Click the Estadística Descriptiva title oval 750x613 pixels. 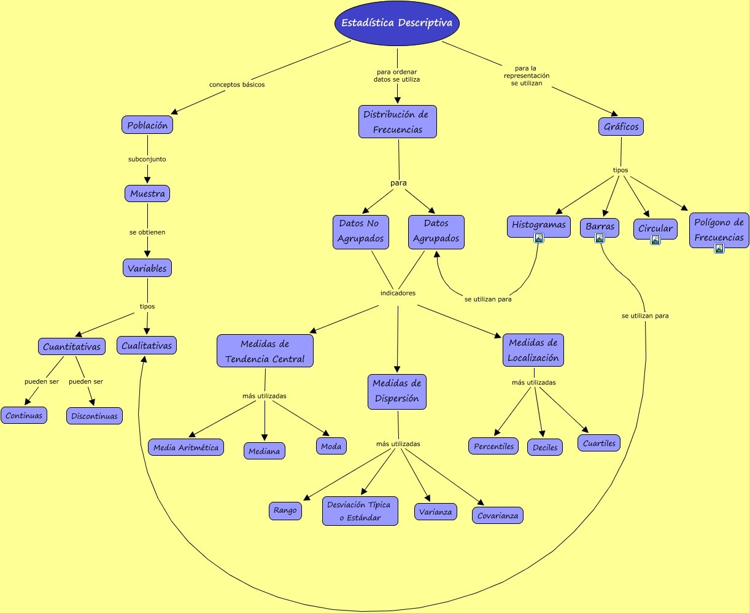(397, 23)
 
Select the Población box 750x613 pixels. (147, 125)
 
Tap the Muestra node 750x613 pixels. (147, 194)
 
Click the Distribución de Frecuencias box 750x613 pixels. (398, 122)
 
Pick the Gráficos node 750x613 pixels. (621, 127)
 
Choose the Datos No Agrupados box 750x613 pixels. (361, 232)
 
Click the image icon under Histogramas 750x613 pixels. (539, 238)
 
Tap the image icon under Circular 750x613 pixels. (655, 240)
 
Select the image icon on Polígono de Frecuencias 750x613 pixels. (719, 248)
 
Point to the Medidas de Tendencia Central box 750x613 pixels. (265, 351)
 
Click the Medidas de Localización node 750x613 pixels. (533, 350)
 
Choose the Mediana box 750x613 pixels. (265, 451)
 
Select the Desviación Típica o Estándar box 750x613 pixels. (360, 511)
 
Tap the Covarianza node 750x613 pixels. (498, 515)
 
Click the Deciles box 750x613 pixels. (545, 447)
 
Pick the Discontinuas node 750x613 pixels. (95, 416)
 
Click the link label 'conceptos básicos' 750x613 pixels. (237, 85)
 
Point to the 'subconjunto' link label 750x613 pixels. (147, 159)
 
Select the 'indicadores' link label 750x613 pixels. (398, 293)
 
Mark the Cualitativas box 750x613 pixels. (147, 346)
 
